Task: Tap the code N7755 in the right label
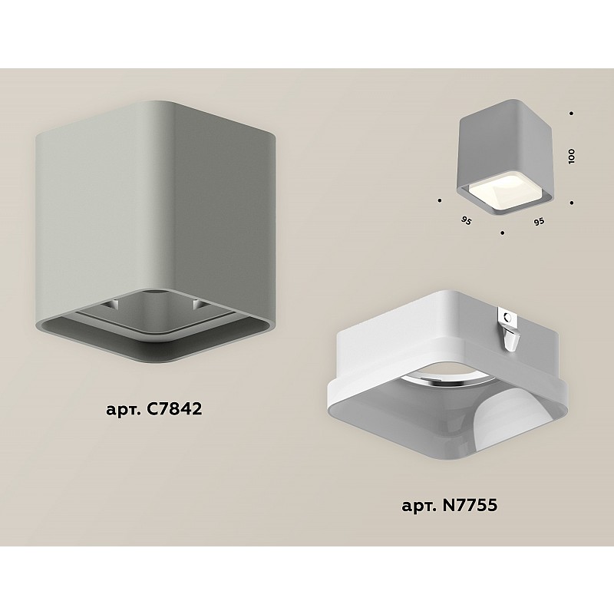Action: pos(470,504)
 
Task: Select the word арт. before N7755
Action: pos(420,507)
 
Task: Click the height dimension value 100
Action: pos(572,157)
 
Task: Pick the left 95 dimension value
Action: pos(467,221)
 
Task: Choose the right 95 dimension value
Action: pos(539,222)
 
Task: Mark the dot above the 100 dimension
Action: pos(572,114)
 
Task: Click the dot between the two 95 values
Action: pos(503,233)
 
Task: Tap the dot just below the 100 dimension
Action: pos(572,203)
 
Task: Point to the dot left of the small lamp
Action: pos(440,200)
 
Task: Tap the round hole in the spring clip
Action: pos(509,317)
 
